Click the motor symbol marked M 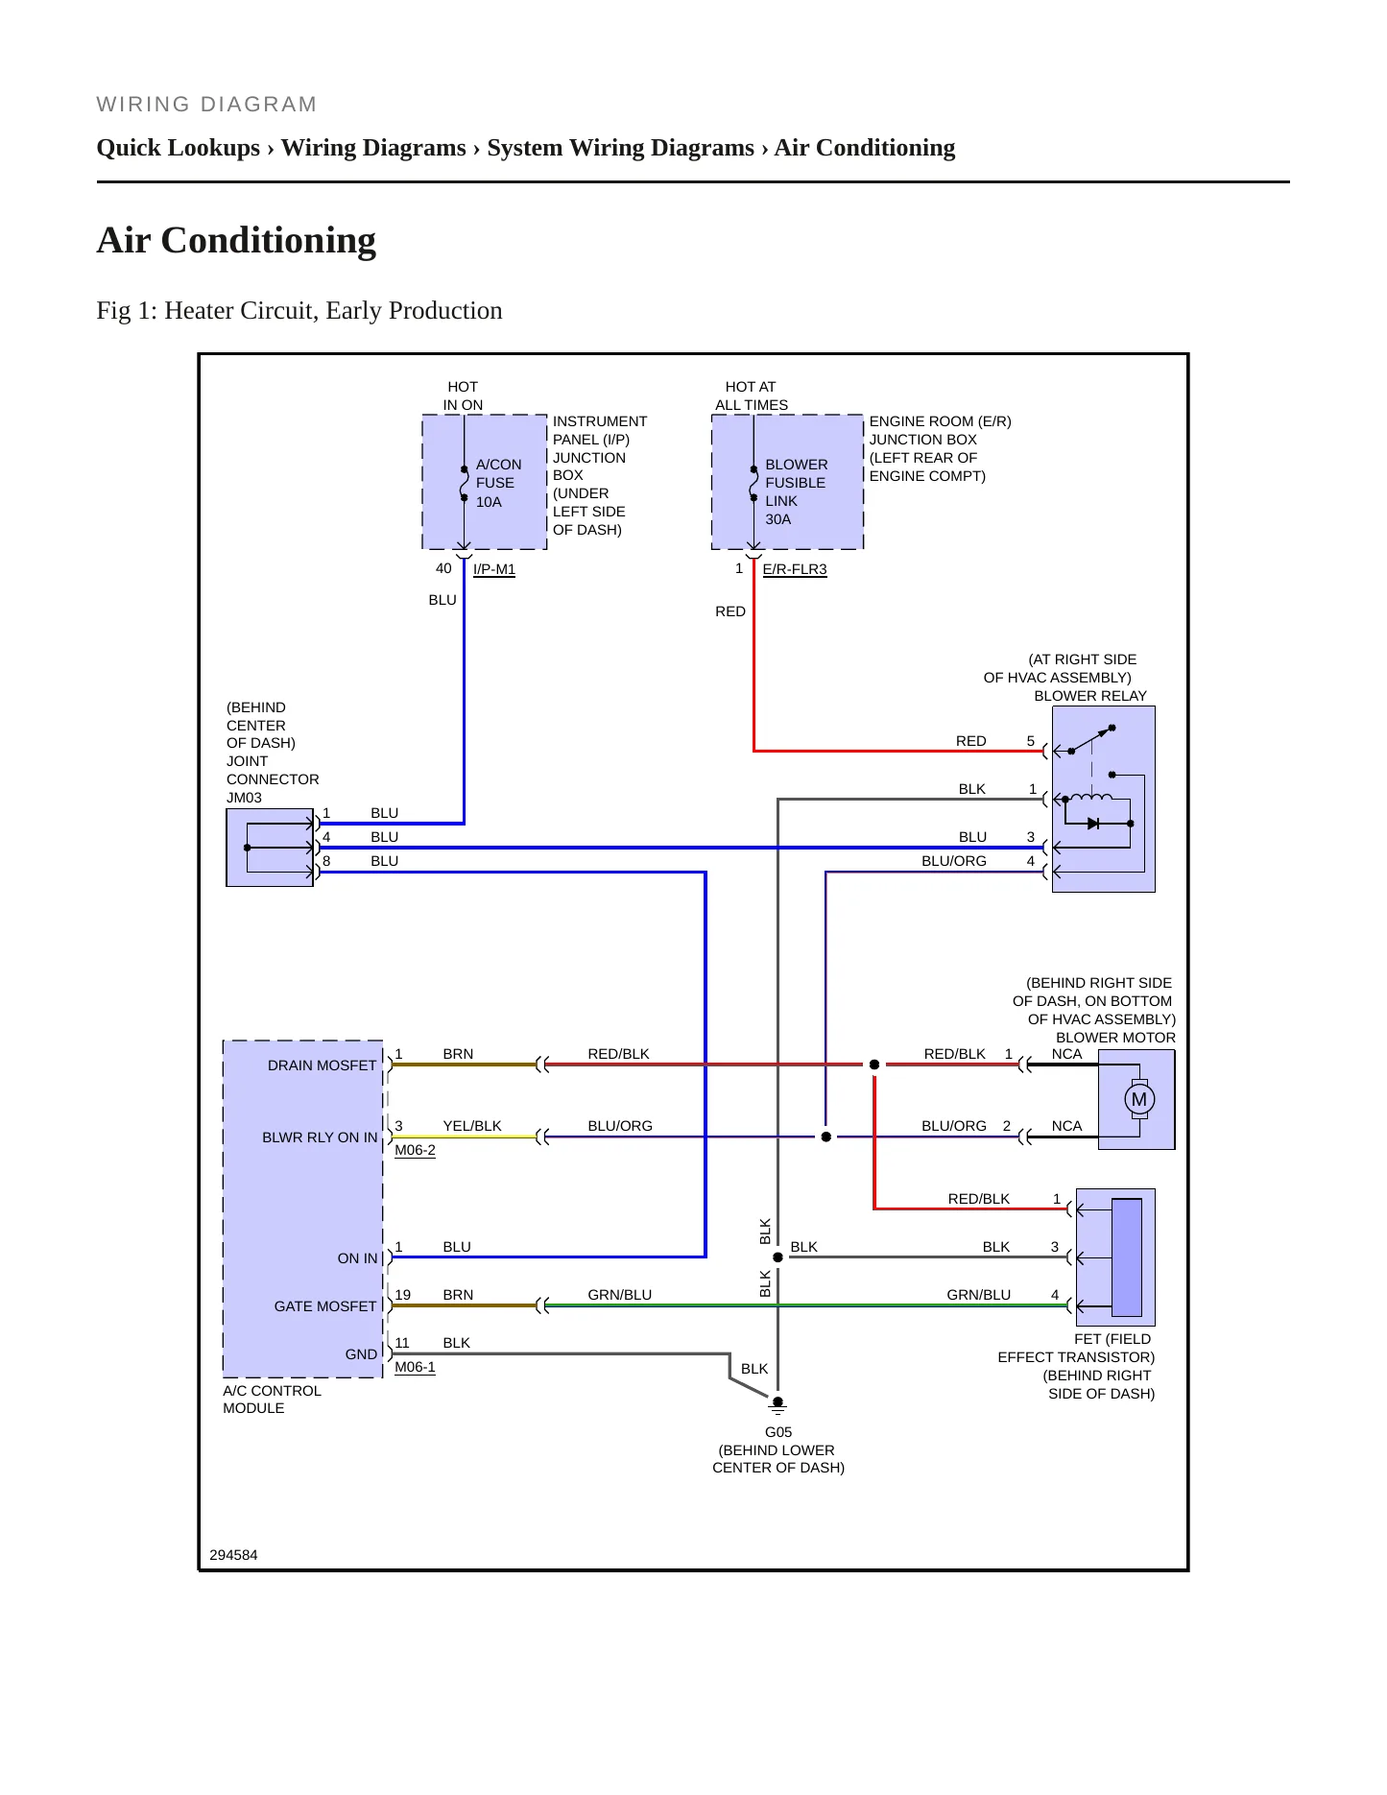pos(1138,1099)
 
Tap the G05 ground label pos(777,1431)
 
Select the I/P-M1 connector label pos(494,569)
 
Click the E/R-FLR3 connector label pos(794,569)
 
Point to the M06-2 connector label pos(415,1150)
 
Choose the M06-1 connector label pos(415,1367)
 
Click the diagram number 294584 pos(233,1555)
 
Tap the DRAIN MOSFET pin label pos(322,1065)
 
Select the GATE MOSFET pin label pos(325,1306)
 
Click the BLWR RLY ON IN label pos(320,1137)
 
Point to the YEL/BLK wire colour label pos(472,1126)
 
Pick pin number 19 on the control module pos(402,1295)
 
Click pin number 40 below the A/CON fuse pos(443,568)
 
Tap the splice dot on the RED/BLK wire pos(874,1065)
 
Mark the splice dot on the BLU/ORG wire pos(825,1137)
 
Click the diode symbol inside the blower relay pos(1092,824)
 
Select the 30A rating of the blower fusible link pos(778,519)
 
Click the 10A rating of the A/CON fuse pos(489,502)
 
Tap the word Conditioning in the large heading pos(269,241)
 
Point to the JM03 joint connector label pos(244,798)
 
